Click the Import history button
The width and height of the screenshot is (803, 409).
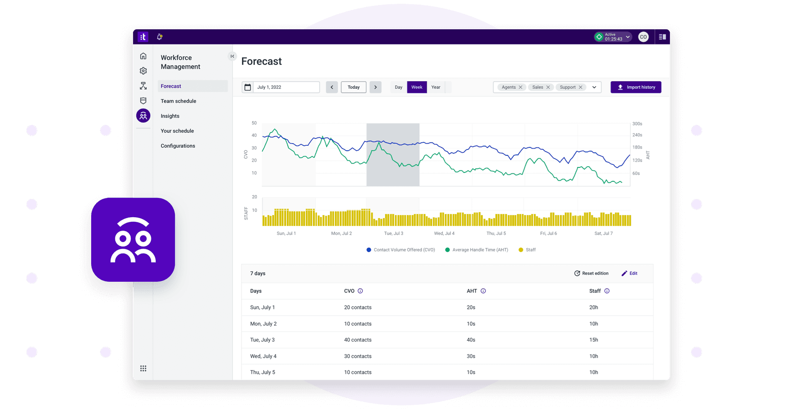[636, 87]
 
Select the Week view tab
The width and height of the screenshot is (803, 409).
[417, 87]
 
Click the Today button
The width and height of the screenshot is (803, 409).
[353, 87]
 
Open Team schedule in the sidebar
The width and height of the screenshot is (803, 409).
[178, 101]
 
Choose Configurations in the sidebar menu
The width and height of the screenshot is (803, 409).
[178, 146]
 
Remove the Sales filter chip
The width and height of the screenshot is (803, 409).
[548, 87]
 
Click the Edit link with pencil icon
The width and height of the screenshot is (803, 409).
[629, 273]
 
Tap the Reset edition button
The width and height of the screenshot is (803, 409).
[591, 273]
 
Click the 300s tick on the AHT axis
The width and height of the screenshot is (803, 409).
[637, 124]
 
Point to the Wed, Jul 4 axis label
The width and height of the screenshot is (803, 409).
[444, 234]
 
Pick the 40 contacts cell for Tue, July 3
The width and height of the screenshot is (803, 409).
[358, 340]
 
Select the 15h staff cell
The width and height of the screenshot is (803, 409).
[593, 340]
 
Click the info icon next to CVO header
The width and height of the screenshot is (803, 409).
[360, 291]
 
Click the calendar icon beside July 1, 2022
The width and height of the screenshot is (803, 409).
[248, 87]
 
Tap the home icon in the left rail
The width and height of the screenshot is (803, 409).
[143, 56]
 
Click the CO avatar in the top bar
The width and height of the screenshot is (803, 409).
[643, 37]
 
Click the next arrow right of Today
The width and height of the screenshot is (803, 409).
[375, 87]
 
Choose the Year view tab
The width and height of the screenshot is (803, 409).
[436, 87]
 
